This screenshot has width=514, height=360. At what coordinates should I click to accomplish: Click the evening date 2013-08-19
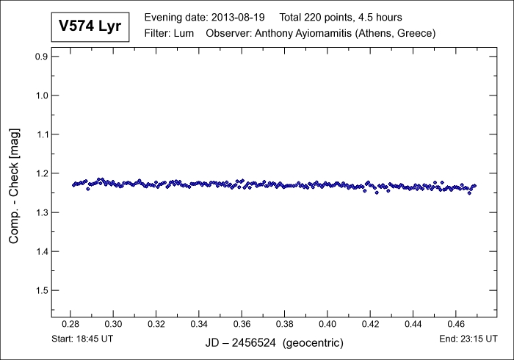point(239,17)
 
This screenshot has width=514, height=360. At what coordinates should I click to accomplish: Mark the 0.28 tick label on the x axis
point(70,323)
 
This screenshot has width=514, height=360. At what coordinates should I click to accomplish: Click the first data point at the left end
point(73,184)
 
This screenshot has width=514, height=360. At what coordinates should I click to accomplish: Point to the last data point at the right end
point(475,185)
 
